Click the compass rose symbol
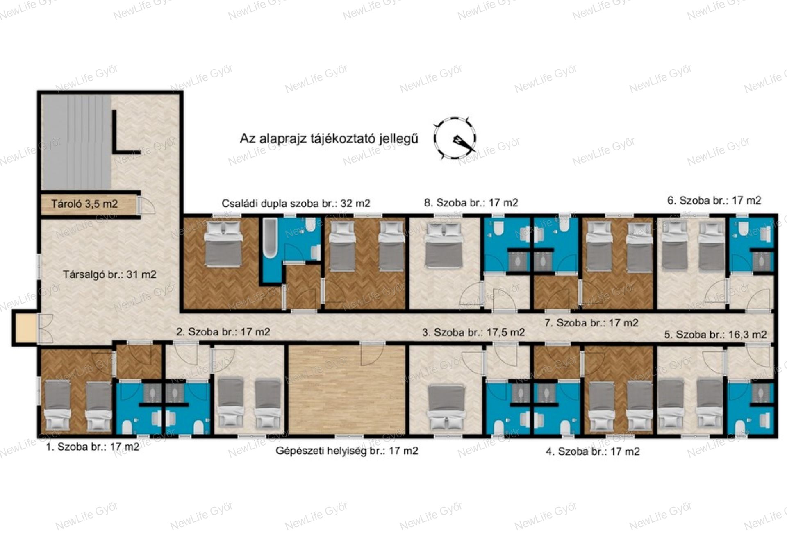pos(455,138)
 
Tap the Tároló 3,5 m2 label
pos(84,204)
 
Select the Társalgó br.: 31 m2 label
pos(109,274)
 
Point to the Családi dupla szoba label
pos(296,203)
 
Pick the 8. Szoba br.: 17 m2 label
pos(471,202)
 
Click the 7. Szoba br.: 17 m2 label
pos(591,323)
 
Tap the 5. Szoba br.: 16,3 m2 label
pos(715,335)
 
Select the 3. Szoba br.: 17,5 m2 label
pos(473,332)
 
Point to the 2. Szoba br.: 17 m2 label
pos(223,332)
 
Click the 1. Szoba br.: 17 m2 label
pos(93,447)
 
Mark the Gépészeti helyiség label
pos(347,451)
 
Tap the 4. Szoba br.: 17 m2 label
pos(593,451)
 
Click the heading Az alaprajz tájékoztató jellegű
pos(329,138)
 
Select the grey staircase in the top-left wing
pos(76,142)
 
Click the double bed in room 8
pos(444,245)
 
